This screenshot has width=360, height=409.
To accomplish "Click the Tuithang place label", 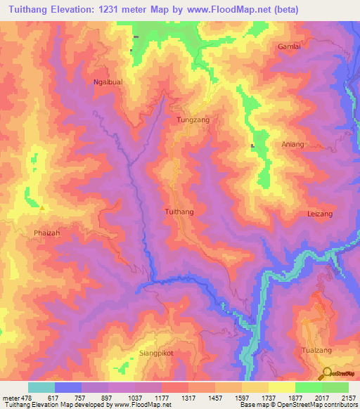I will coord(179,211).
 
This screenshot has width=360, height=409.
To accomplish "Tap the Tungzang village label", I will coord(193,120).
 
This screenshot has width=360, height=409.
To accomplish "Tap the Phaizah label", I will coord(48,232).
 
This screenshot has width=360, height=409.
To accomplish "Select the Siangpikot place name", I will coord(155,353).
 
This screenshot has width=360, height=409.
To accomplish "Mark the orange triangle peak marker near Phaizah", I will coord(42,207).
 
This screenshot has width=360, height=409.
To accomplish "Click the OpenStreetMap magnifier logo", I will coord(328,372).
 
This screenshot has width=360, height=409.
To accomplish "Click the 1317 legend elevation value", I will coord(188,397).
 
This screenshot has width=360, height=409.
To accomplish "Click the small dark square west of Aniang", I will coord(252,146).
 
